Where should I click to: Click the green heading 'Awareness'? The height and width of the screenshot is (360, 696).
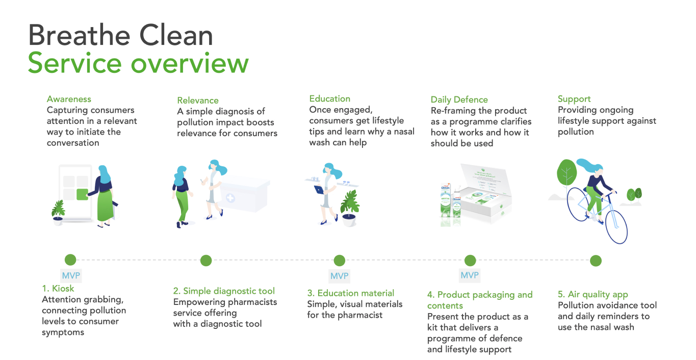69,99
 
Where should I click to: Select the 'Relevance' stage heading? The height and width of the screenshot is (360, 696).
198,100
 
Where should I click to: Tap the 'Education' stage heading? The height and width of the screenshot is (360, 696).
330,98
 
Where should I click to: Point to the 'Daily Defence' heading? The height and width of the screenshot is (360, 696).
459,100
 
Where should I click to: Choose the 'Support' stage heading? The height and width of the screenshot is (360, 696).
574,99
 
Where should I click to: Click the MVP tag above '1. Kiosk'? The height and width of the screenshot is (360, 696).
71,275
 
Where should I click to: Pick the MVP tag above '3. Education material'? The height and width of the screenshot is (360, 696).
339,276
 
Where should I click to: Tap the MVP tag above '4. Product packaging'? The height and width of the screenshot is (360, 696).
470,275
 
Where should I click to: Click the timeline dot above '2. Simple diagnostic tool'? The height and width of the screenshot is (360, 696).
206,260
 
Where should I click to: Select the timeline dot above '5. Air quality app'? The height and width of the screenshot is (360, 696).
596,261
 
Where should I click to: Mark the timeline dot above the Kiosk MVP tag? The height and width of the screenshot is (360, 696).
70,260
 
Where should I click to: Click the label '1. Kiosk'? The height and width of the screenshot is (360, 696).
58,289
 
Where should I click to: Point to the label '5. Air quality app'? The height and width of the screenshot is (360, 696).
593,294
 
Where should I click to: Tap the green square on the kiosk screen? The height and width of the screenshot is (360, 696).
82,194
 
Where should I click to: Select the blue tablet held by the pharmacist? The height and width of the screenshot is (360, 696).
319,190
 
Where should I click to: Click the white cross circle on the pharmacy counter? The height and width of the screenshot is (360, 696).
230,198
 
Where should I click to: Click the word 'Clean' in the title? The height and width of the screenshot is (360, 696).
176,35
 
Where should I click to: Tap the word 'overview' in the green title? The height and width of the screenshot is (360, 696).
190,63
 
